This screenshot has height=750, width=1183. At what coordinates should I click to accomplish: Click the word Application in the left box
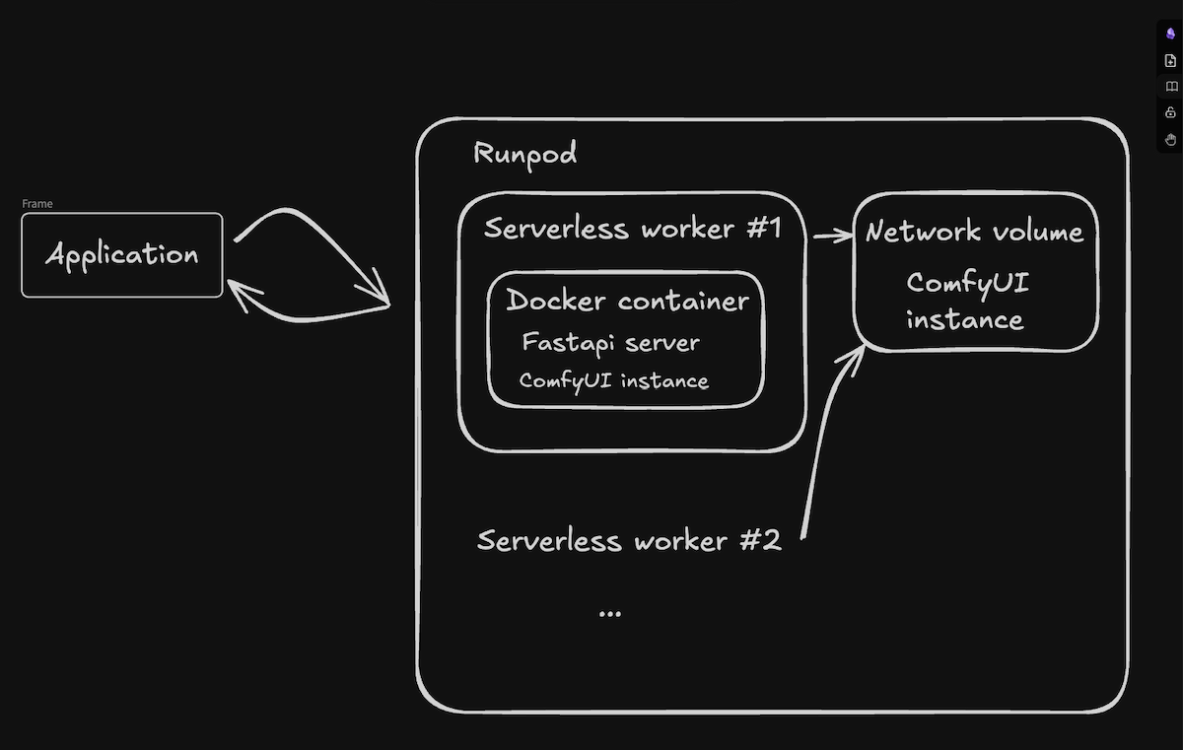tap(122, 255)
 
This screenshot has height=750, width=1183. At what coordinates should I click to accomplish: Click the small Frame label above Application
tap(37, 204)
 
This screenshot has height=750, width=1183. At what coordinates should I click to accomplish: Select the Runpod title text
tap(524, 154)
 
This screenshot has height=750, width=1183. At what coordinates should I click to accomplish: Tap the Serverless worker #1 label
tap(632, 229)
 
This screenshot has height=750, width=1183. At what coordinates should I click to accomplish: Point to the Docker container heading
tap(627, 301)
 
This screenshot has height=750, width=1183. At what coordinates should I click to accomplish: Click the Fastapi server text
tap(610, 343)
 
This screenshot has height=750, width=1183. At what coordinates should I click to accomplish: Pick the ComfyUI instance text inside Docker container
tap(613, 380)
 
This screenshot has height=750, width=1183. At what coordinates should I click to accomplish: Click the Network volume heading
tap(974, 232)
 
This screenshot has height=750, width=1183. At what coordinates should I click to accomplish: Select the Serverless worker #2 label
tap(629, 540)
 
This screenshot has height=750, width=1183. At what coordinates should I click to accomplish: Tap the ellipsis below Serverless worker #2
tap(610, 613)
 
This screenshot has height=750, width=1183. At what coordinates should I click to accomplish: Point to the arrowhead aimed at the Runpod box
tap(380, 293)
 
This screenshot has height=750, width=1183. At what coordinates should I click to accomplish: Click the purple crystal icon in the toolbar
tap(1171, 34)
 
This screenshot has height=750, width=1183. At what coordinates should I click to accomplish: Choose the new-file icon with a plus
tap(1171, 60)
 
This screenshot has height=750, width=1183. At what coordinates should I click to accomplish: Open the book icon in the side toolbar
tap(1171, 87)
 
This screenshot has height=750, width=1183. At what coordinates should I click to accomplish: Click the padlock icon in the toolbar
tap(1171, 112)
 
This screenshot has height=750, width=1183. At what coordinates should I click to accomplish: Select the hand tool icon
tap(1171, 139)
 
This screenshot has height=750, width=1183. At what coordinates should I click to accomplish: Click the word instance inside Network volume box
tap(964, 320)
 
